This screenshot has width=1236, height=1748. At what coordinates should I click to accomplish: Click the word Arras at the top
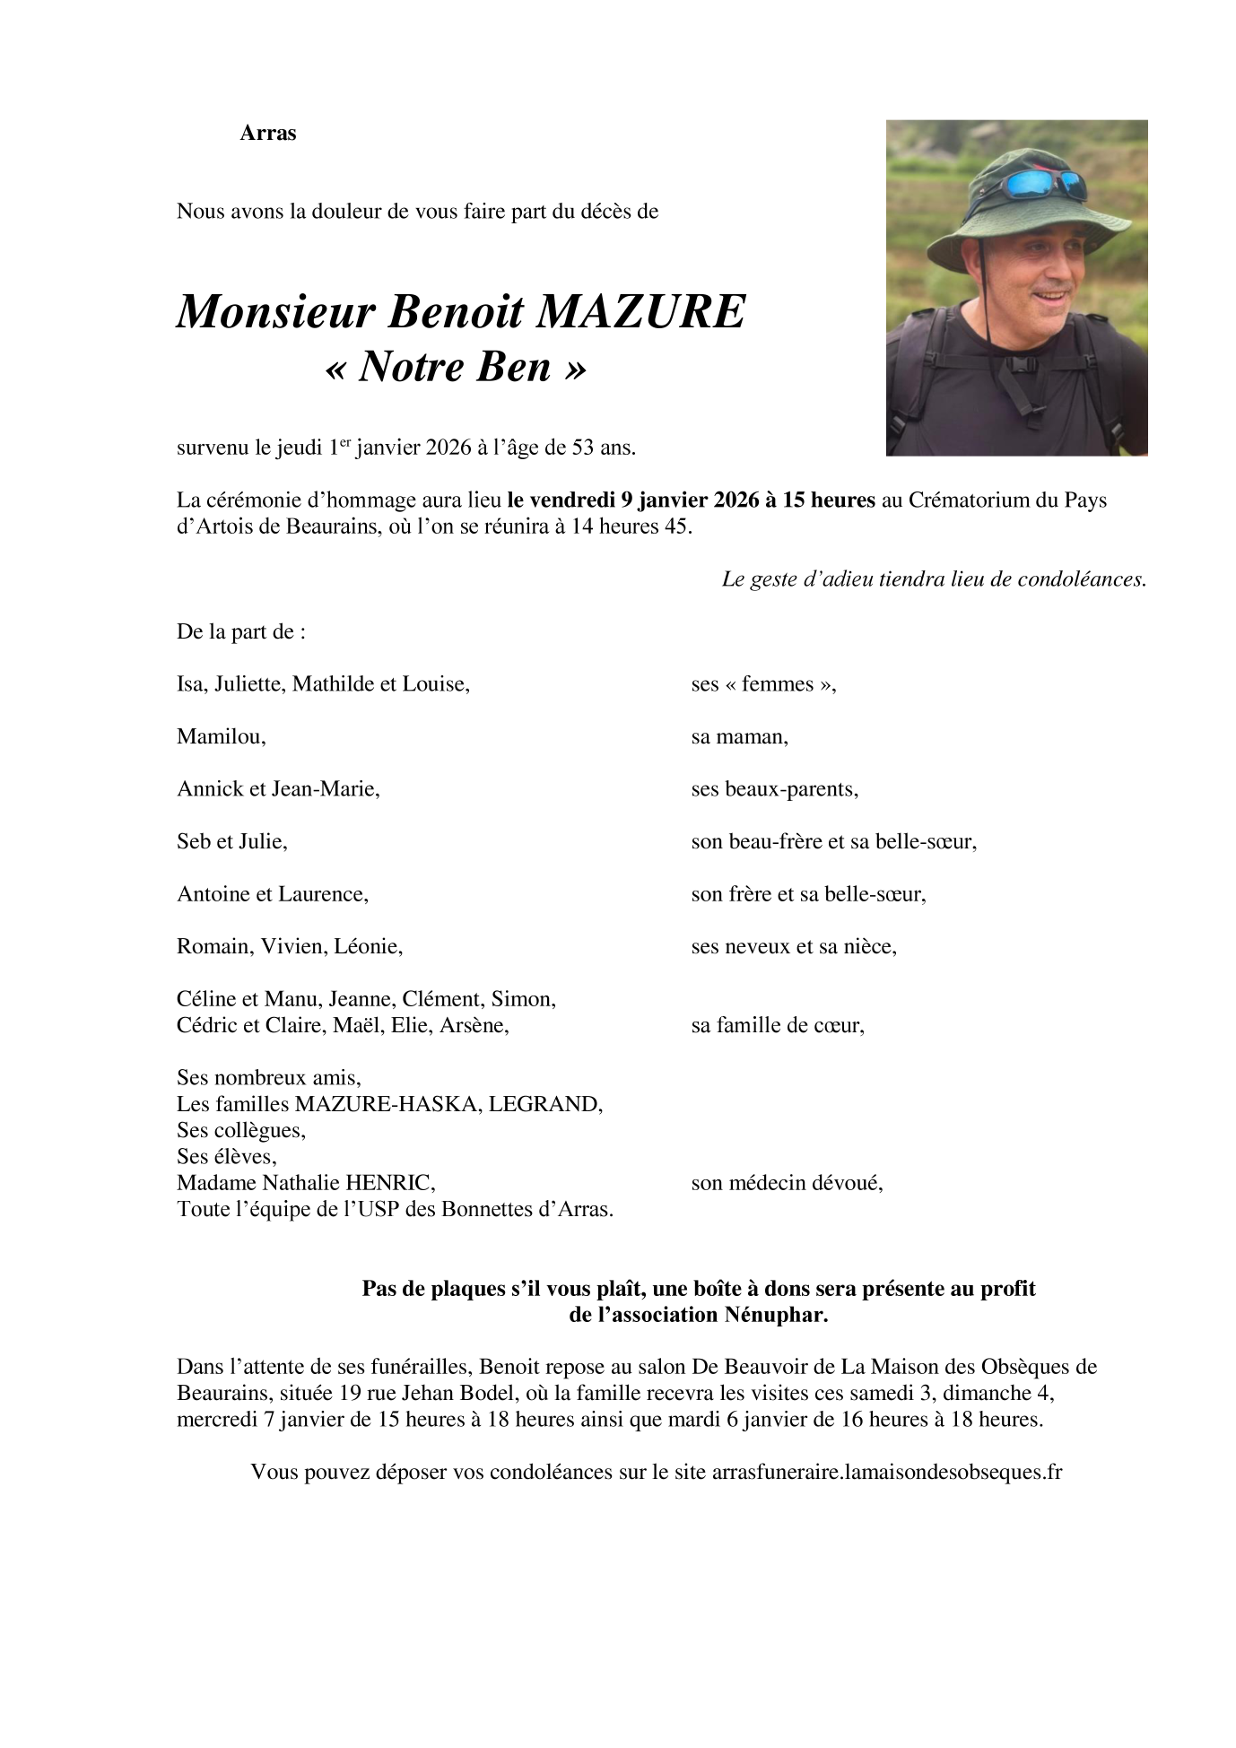click(x=267, y=134)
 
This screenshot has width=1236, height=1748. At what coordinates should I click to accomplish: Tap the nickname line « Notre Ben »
click(x=455, y=367)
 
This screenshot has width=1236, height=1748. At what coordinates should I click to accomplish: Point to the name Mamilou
click(x=221, y=737)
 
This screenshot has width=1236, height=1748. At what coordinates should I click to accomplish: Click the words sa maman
click(x=739, y=737)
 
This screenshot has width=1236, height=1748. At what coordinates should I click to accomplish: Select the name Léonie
click(x=368, y=946)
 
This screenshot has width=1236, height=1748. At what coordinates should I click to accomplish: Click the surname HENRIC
click(x=395, y=1183)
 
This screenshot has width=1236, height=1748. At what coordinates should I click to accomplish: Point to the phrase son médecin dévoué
click(x=787, y=1183)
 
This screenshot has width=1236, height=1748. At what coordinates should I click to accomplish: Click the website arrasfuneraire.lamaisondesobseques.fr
click(x=886, y=1473)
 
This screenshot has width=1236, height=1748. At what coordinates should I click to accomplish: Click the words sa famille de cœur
click(x=778, y=1025)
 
